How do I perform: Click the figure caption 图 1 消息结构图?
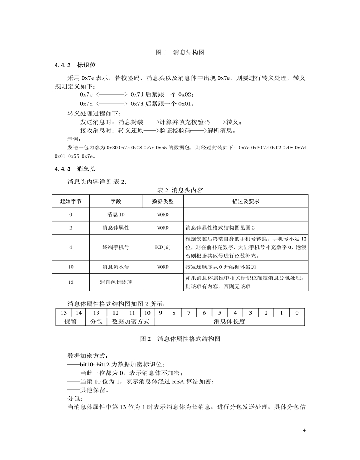[180, 53]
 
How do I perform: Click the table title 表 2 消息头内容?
[180, 190]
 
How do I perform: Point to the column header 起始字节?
[71, 201]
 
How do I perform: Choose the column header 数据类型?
[163, 201]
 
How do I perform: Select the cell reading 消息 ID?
[116, 215]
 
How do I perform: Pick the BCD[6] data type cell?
[163, 247]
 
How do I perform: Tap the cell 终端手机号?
[116, 247]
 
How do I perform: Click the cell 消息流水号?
[116, 267]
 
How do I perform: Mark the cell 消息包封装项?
[116, 282]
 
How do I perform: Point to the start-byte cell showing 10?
[71, 267]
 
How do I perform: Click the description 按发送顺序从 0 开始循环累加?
[220, 267]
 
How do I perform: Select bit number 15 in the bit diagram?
[64, 313]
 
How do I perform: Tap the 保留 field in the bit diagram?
[71, 321]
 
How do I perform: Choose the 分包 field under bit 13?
[96, 321]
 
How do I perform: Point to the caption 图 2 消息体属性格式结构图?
[180, 339]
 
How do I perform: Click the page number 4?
[304, 430]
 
